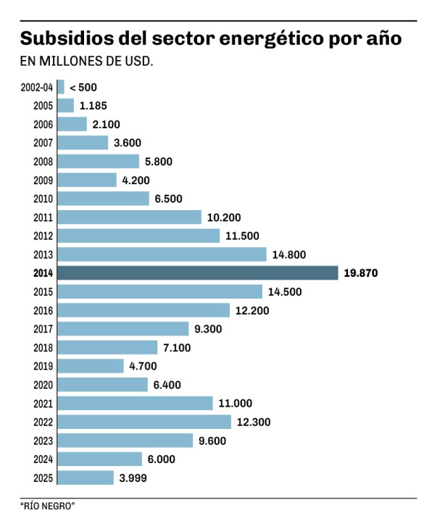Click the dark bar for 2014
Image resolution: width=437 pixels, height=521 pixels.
tap(197, 273)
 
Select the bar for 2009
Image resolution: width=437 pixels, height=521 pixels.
tap(86, 180)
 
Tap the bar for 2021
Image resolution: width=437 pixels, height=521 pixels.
tap(134, 403)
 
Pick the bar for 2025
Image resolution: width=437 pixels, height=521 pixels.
tap(85, 478)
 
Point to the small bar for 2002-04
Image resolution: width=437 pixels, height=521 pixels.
tap(60, 87)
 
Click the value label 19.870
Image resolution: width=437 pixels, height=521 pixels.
tap(362, 273)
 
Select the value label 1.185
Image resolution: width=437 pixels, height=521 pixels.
tap(93, 106)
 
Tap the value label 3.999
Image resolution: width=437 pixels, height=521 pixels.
tap(135, 478)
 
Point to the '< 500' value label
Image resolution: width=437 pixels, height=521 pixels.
tap(83, 87)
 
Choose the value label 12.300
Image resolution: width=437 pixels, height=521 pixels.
tap(255, 422)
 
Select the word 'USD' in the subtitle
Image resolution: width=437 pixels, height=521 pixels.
tap(138, 62)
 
